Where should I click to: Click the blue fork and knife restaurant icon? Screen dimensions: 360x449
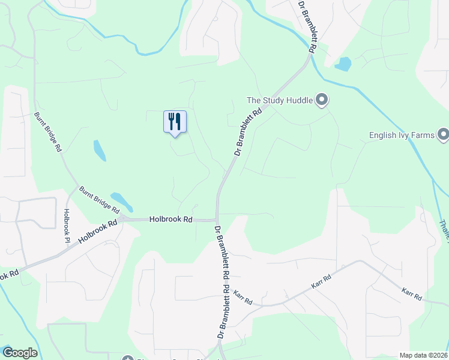click(175, 122)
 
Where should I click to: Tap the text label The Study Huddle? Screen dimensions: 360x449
click(280, 100)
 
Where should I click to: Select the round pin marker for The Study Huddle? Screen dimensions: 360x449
click(322, 100)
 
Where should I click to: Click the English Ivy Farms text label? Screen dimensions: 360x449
click(402, 135)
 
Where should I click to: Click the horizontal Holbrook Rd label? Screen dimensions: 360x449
click(171, 220)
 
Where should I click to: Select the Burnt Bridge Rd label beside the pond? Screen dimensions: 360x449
click(99, 200)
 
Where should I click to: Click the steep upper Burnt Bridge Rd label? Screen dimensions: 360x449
click(49, 131)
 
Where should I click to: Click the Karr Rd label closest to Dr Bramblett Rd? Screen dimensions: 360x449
click(243, 296)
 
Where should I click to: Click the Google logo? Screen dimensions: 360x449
click(19, 353)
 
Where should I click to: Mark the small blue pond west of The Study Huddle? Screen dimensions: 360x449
click(343, 64)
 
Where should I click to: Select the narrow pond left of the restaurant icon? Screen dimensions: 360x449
click(100, 151)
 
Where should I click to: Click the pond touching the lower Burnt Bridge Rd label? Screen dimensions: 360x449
click(122, 202)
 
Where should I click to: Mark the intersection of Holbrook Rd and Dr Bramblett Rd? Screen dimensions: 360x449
click(217, 220)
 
